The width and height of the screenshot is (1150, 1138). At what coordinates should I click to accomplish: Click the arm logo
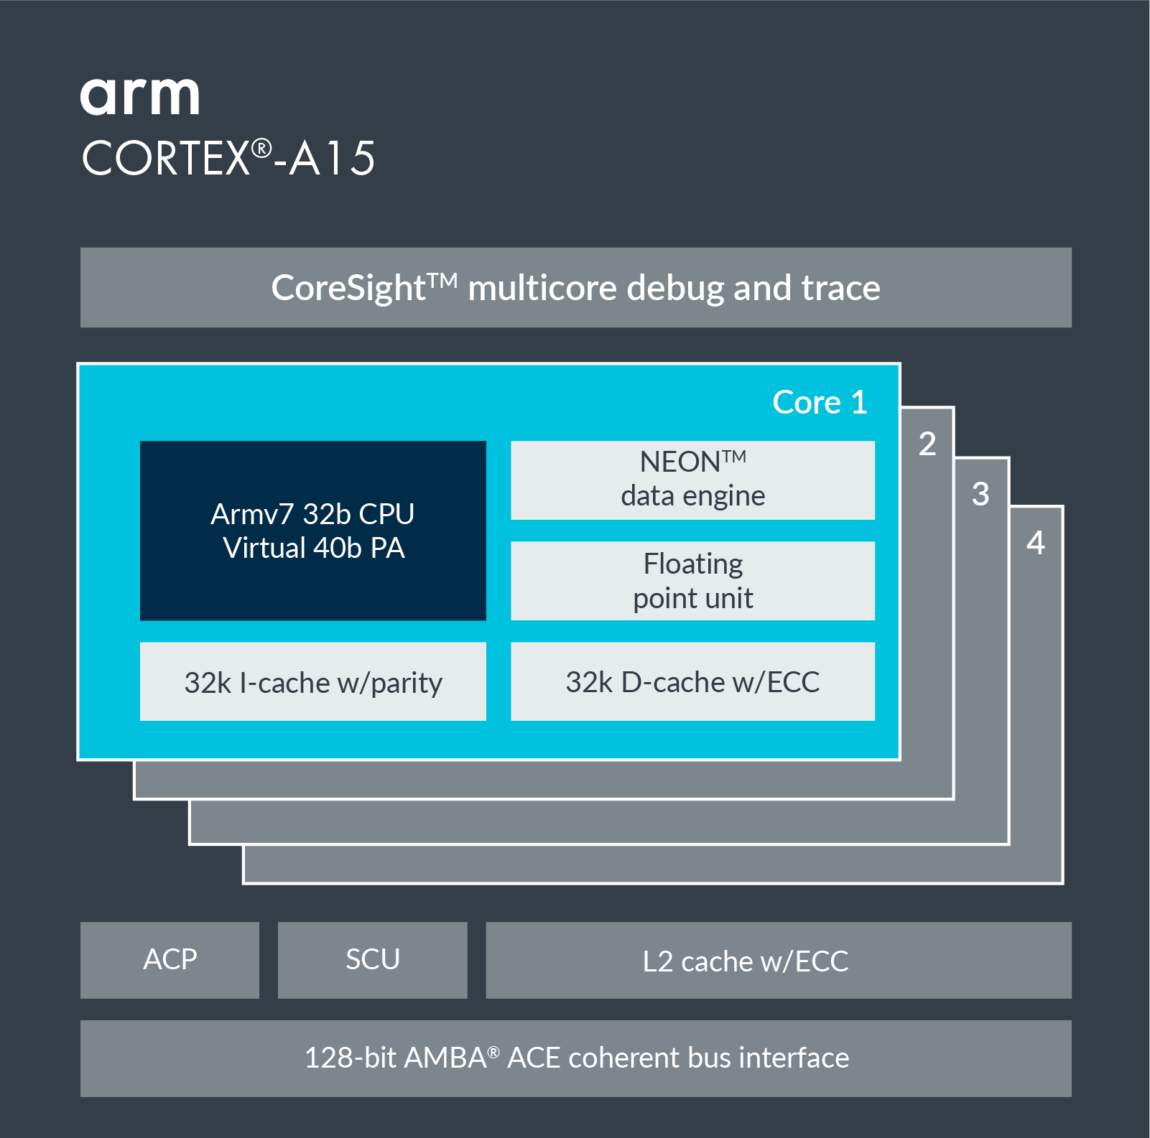[139, 97]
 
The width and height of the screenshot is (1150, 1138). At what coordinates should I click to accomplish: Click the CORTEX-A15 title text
[228, 158]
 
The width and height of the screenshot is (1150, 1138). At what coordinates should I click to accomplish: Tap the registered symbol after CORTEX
[261, 149]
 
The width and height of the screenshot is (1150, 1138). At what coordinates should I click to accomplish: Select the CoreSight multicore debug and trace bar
[575, 288]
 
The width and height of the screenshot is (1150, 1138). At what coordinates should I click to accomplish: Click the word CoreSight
[349, 289]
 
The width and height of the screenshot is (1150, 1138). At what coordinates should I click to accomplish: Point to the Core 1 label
[820, 402]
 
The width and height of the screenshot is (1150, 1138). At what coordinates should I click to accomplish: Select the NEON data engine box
[692, 480]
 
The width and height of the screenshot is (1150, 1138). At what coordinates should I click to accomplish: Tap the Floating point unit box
[692, 581]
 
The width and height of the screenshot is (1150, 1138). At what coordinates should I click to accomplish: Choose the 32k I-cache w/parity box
[312, 682]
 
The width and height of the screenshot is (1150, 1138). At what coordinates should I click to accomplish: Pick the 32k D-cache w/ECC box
[692, 682]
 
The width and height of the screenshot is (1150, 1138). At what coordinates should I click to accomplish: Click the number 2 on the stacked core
[927, 444]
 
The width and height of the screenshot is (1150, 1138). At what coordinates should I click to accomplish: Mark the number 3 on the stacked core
[980, 494]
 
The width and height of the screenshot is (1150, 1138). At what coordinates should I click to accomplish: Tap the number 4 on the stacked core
[1035, 543]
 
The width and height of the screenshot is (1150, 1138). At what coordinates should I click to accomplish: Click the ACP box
[170, 960]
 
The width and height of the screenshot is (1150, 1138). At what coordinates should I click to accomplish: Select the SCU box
[372, 960]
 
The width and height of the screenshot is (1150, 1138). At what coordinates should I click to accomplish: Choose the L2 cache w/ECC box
[778, 961]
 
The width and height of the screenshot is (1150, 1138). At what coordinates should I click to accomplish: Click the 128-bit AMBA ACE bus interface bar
[575, 1058]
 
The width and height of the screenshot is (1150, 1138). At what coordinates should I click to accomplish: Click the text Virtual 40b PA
[314, 549]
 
